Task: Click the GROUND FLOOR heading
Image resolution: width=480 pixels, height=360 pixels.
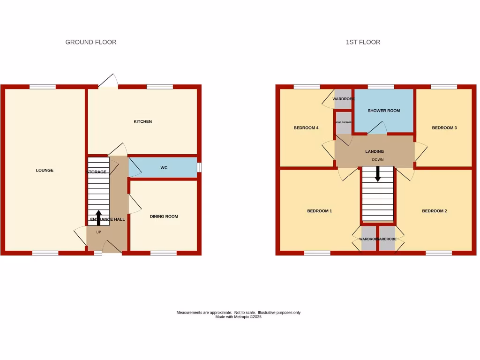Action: pos(91,42)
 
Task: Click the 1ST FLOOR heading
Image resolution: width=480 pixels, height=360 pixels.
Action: pos(363,42)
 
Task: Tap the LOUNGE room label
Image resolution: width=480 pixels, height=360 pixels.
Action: pos(45,170)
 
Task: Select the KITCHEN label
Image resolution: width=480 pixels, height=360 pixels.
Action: pos(143,121)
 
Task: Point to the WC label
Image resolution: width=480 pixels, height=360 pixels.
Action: pos(164,167)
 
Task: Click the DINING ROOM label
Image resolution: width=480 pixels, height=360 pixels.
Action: pos(164,217)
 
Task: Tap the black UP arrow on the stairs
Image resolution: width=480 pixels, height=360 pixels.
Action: pos(98,217)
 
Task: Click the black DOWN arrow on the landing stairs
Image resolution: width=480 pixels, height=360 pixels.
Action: pos(378,174)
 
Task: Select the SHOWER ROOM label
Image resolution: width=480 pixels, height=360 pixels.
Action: pos(384,111)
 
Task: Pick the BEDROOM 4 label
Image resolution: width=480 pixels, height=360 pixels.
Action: pos(306,127)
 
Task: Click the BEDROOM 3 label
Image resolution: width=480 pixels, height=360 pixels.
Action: pos(444,127)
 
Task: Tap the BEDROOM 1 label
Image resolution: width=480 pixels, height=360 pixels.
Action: pos(320,211)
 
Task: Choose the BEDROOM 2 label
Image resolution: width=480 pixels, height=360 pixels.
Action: pos(435,211)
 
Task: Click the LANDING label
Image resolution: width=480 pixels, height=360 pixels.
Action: pos(375,151)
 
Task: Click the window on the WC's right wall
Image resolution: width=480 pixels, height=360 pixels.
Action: pos(199,167)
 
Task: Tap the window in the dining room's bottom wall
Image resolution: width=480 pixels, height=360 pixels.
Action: pos(164,253)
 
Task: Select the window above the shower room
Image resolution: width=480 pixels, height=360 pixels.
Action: pos(381,87)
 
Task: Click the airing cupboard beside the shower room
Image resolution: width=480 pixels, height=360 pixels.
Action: pos(343,122)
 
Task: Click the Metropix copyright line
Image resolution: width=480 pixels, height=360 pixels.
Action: pos(238,317)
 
